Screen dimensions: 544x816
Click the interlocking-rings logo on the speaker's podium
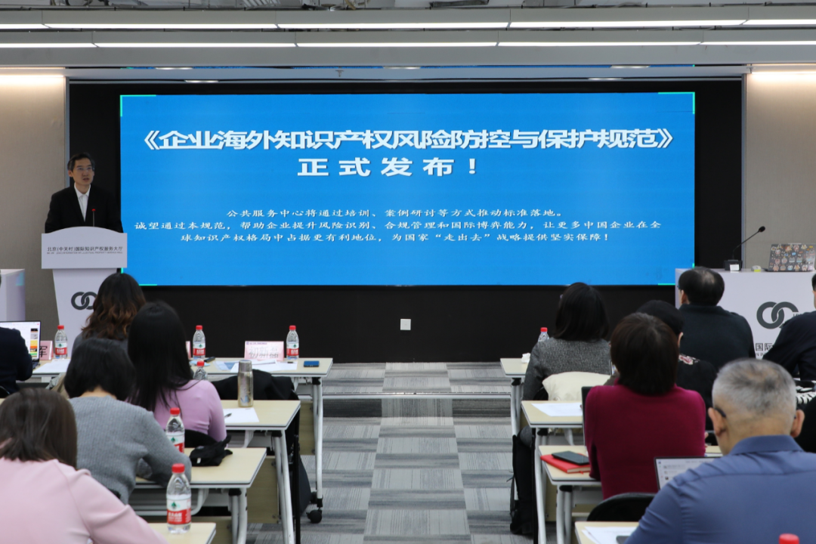(83, 301)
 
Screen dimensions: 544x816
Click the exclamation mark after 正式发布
(472, 166)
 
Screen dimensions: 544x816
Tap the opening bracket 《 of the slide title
(152, 139)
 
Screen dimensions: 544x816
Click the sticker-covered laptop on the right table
(791, 258)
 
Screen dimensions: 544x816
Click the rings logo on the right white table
(777, 314)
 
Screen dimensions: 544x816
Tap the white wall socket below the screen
(406, 324)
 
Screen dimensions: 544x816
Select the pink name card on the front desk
(264, 350)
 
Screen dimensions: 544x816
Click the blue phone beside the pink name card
(311, 363)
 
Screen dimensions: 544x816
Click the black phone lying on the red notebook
(572, 457)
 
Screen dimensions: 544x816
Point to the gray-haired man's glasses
(718, 413)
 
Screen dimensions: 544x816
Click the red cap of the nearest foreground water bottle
(178, 468)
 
